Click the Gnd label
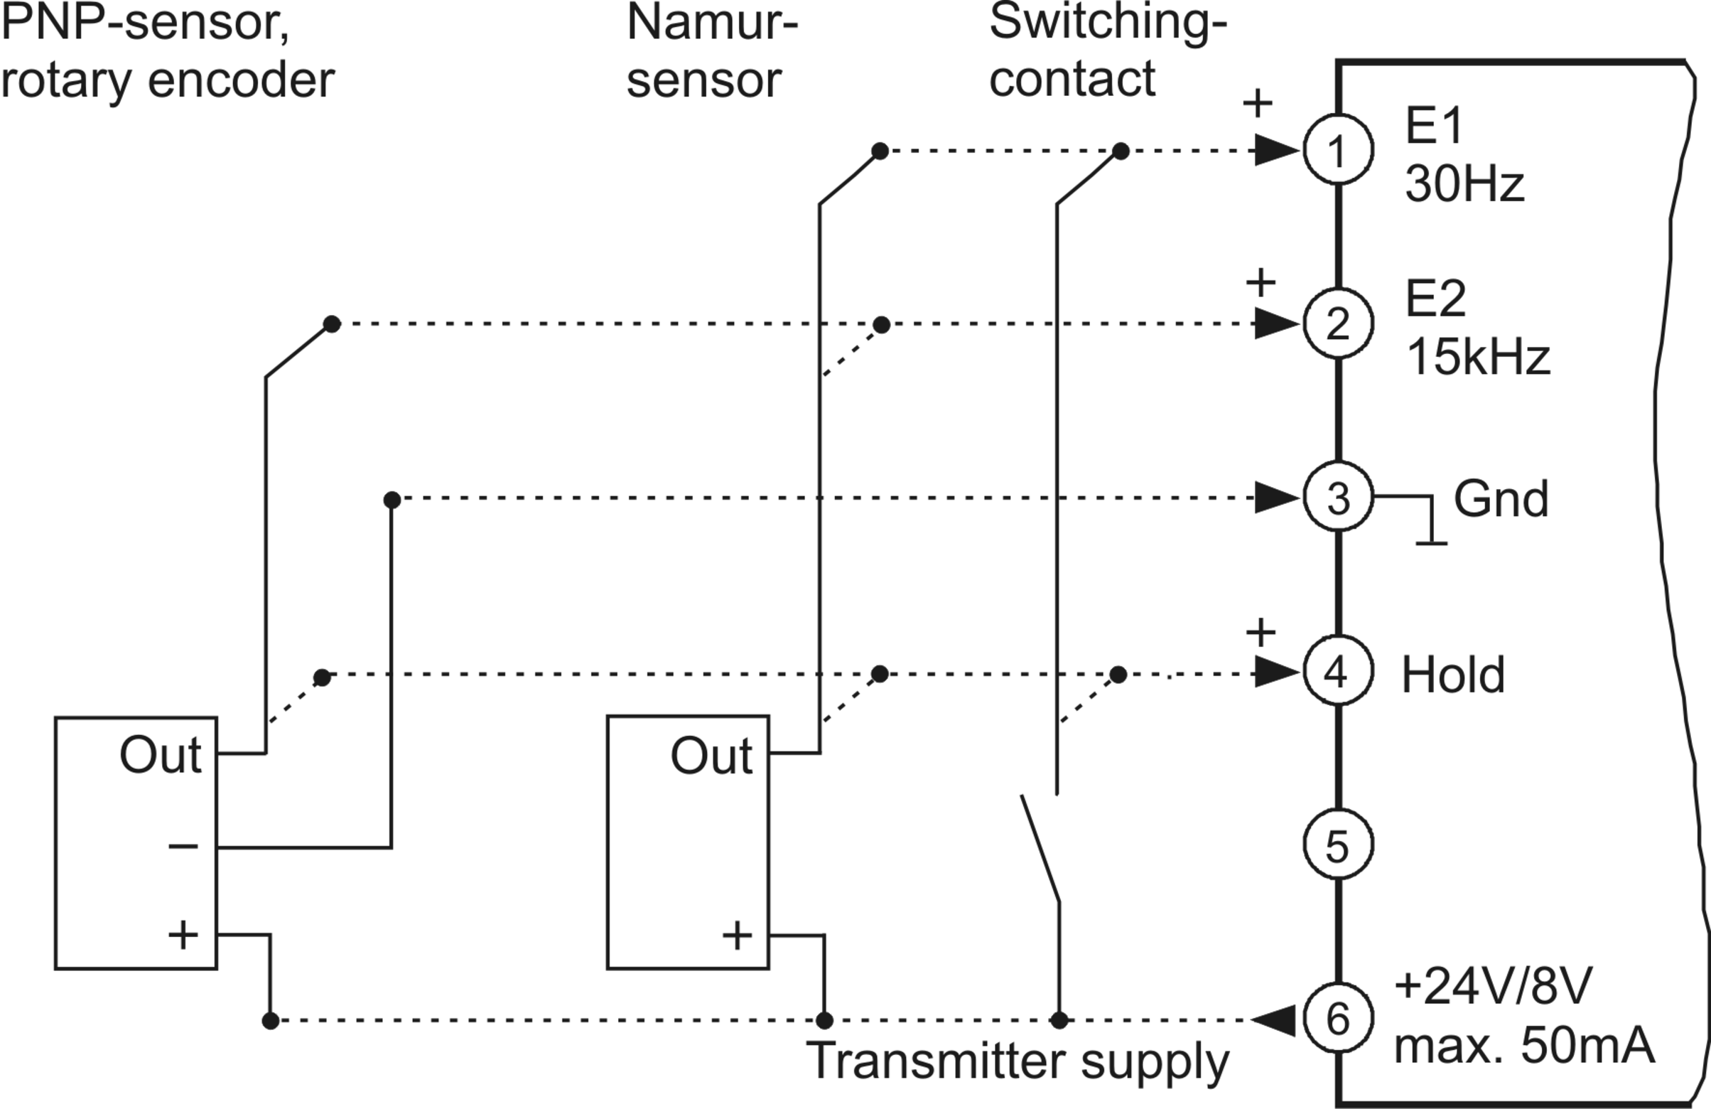pos(1501,498)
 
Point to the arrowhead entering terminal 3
pos(1278,498)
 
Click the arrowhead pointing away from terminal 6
pos(1273,1020)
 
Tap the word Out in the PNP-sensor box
pos(161,755)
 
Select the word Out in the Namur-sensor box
pos(711,756)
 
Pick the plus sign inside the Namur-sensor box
pos(737,936)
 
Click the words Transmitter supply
pos(1018,1061)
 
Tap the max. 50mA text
pos(1525,1046)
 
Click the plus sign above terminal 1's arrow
pos(1258,104)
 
